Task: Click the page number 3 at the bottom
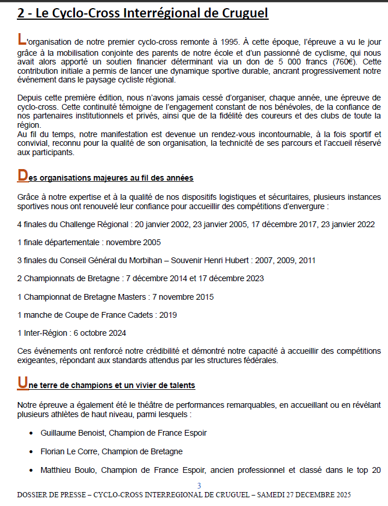tap(199, 486)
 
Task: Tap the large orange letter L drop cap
tap(22, 40)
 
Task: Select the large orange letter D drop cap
tap(22, 175)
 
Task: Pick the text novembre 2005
tap(131, 242)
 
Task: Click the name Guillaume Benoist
tap(72, 433)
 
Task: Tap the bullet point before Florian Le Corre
tap(31, 452)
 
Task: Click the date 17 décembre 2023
tap(231, 278)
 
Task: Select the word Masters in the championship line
tap(132, 297)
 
